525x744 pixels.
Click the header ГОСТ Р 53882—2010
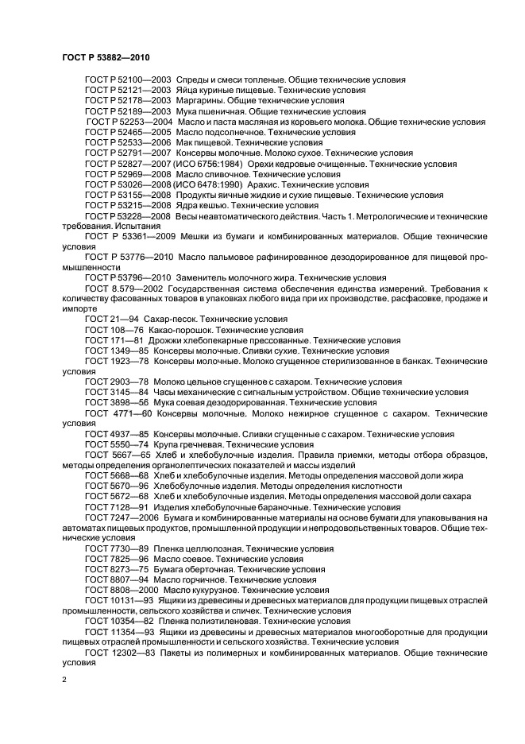pos(106,58)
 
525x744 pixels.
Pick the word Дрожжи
pos(172,339)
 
